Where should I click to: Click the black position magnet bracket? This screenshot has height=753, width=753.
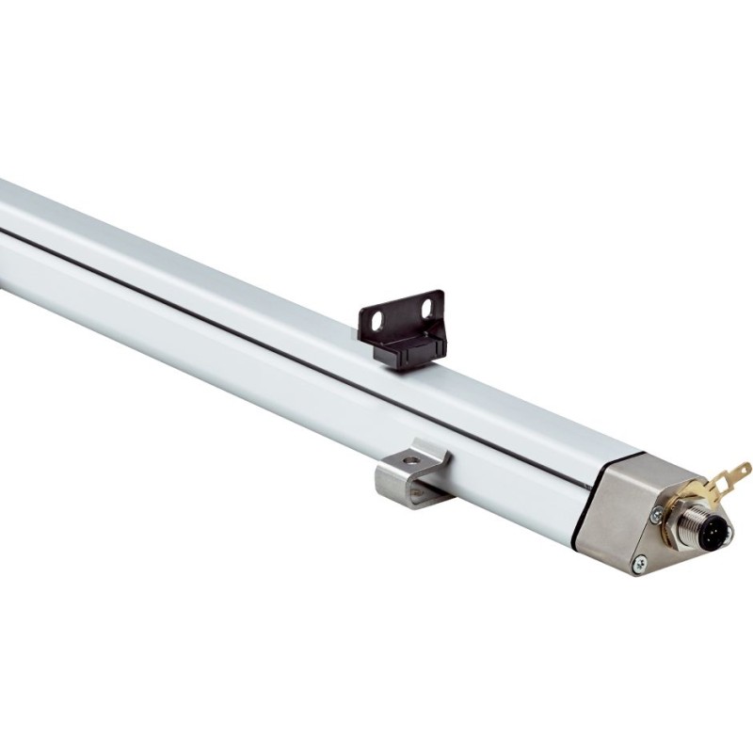pos(401,327)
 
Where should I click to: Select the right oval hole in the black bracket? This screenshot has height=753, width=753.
pos(431,307)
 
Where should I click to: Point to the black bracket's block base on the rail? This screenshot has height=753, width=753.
pos(404,352)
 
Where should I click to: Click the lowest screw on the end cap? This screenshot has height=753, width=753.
pos(640,563)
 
